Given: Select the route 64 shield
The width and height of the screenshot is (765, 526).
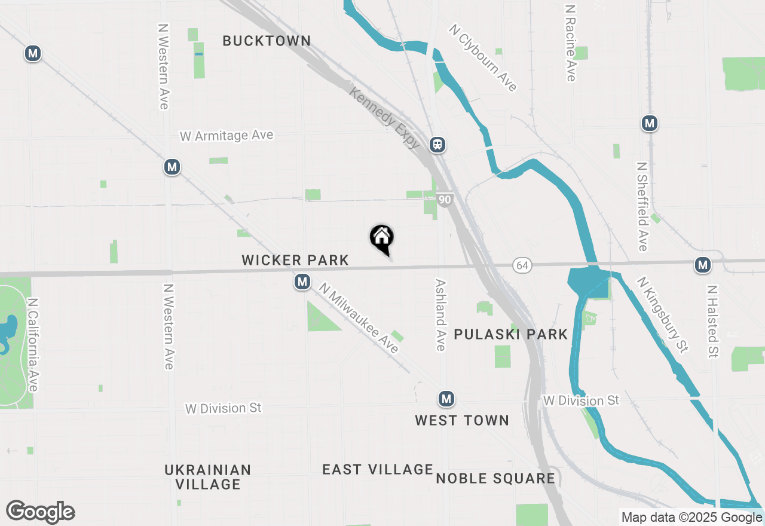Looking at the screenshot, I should pos(522,265).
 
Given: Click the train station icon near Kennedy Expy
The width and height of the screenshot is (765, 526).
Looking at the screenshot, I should pos(437,145).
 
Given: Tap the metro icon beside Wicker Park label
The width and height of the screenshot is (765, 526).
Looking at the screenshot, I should pos(302,282).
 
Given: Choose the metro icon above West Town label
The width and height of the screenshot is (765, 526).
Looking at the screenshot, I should pos(445,398).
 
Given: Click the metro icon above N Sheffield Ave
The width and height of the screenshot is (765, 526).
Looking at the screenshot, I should pos(650,124).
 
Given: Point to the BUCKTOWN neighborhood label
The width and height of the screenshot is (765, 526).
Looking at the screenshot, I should pos(267,41).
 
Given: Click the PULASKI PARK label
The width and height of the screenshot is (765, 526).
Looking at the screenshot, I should pos(510,334).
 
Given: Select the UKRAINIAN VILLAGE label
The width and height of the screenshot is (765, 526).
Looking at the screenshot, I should pos(208,476).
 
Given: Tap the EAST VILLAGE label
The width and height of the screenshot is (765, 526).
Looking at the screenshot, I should pos(378,469).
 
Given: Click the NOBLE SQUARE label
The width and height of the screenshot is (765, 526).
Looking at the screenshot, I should pos(495,478).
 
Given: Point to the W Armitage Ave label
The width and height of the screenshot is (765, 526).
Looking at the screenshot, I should pos(227,136).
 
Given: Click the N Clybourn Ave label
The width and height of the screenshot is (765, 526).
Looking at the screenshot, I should pos(484,58).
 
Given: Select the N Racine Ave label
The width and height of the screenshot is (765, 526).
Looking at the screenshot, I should pos(570,43).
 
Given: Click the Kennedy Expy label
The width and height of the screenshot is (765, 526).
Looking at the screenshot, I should pos(385,117).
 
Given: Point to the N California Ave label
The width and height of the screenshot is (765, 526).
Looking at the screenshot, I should pos(33,345).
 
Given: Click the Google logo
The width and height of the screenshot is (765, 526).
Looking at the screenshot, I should pos(40,512).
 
